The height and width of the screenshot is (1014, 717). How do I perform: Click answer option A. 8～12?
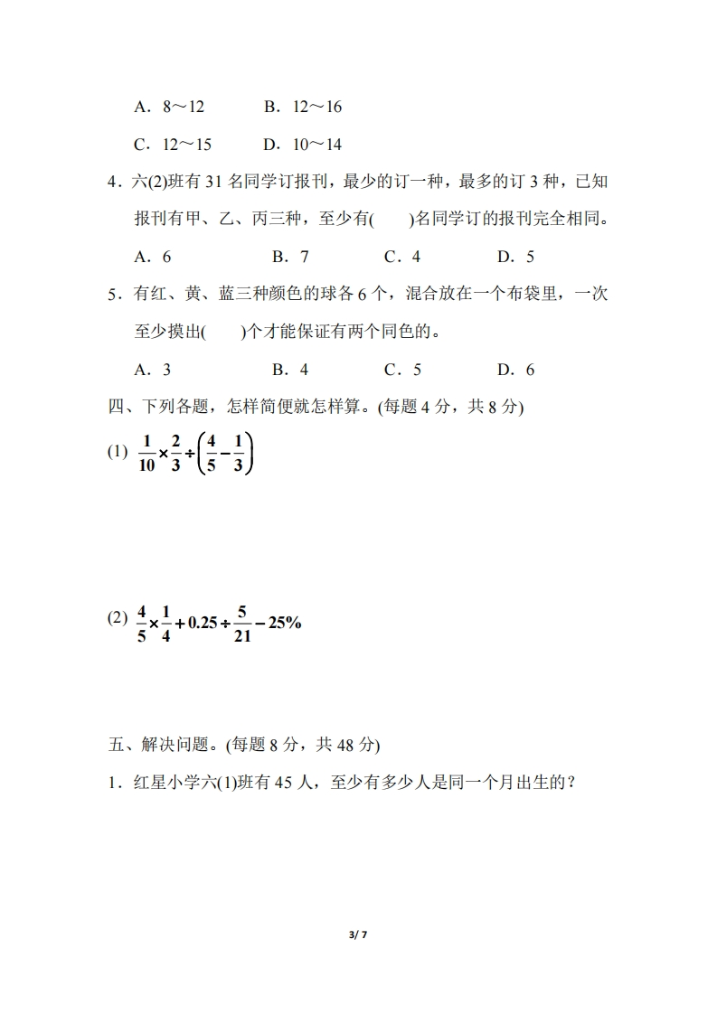169,107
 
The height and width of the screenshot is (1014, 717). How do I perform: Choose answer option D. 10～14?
302,145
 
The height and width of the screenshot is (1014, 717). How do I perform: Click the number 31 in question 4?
213,182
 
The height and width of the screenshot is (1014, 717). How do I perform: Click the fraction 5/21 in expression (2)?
241,624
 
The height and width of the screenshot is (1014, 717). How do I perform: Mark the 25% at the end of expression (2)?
284,624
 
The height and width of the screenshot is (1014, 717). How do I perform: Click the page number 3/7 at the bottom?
358,934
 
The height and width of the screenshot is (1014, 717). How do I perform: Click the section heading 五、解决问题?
244,746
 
